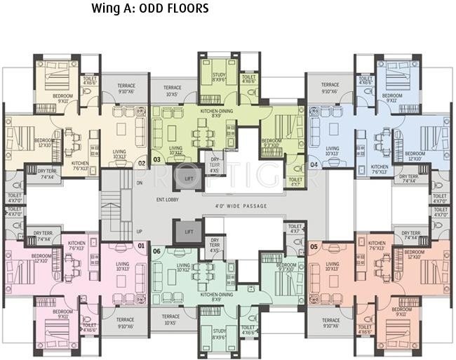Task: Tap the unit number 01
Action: pos(140,246)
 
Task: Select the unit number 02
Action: pos(141,163)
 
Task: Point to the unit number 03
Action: pos(156,160)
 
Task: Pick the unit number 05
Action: pos(314,246)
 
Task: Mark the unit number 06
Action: pos(156,251)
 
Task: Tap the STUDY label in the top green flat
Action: pos(217,76)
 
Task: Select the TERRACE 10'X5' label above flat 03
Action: pos(171,91)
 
